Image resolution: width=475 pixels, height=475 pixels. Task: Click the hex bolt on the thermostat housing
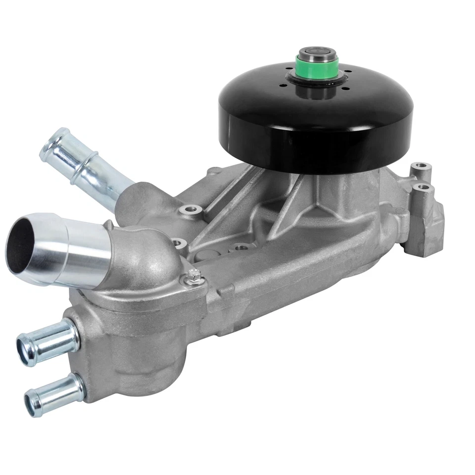[x=194, y=275]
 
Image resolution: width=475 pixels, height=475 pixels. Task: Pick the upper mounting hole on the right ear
[x=421, y=167]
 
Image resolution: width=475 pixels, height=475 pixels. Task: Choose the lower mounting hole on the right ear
[x=423, y=188]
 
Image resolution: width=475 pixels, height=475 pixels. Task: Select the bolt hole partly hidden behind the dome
[x=179, y=243]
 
